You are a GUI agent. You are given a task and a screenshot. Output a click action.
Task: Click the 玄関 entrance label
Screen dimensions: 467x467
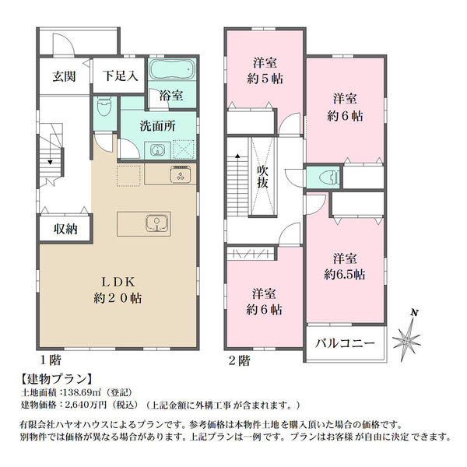point(64,76)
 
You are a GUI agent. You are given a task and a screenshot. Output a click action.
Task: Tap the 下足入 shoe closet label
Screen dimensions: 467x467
point(121,76)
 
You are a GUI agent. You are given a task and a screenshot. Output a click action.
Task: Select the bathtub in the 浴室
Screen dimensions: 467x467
point(171,69)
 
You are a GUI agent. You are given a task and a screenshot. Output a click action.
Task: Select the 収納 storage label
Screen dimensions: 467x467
point(65,229)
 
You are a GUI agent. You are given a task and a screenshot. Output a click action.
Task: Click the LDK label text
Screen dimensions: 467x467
point(118,282)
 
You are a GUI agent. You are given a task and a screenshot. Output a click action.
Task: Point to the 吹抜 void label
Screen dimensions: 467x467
point(263,177)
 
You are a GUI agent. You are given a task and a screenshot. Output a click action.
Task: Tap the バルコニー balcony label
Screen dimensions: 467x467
point(345,344)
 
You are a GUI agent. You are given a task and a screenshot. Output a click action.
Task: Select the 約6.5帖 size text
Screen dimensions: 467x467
point(345,275)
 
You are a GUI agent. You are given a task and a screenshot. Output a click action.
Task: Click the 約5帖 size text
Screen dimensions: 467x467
point(265,79)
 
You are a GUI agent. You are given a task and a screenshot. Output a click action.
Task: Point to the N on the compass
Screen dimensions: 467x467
point(415,313)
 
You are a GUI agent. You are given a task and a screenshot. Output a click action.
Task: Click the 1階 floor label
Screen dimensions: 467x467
point(51,360)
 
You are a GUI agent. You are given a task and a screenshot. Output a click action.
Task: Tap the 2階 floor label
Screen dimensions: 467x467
point(239,361)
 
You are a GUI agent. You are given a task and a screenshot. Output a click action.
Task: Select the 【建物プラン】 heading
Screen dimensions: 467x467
point(57,379)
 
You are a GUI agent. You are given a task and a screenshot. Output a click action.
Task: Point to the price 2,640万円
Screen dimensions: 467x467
point(86,405)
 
